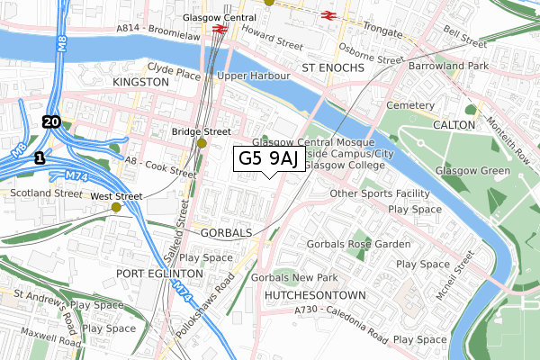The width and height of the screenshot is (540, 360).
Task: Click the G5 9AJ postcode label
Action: click(268, 159)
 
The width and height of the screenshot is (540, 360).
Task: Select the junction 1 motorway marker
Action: click(38, 157)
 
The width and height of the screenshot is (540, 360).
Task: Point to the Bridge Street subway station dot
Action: click(202, 143)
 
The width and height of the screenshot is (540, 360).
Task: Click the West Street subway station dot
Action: click(115, 207)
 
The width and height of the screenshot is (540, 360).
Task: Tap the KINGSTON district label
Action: click(140, 82)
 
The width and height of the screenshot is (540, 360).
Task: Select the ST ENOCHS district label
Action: click(331, 67)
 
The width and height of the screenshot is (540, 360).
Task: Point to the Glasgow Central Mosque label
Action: click(306, 142)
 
